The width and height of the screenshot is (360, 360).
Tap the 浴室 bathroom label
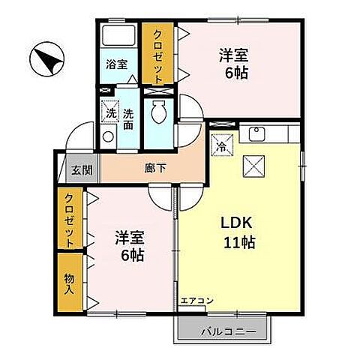pyautogui.click(x=118, y=65)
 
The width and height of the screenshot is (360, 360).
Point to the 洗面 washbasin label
pyautogui.click(x=128, y=118)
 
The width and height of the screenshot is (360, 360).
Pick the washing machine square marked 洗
pyautogui.click(x=110, y=112)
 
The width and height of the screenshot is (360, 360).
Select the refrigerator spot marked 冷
pyautogui.click(x=223, y=145)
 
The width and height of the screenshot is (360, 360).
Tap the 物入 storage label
pyautogui.click(x=70, y=283)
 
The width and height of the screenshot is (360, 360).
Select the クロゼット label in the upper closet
pyautogui.click(x=157, y=53)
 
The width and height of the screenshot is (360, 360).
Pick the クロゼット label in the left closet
pyautogui.click(x=69, y=220)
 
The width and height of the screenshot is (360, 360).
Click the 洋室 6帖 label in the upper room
pyautogui.click(x=233, y=64)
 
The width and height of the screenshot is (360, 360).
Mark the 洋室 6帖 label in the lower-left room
pyautogui.click(x=130, y=245)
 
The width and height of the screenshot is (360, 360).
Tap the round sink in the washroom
pyautogui.click(x=108, y=137)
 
